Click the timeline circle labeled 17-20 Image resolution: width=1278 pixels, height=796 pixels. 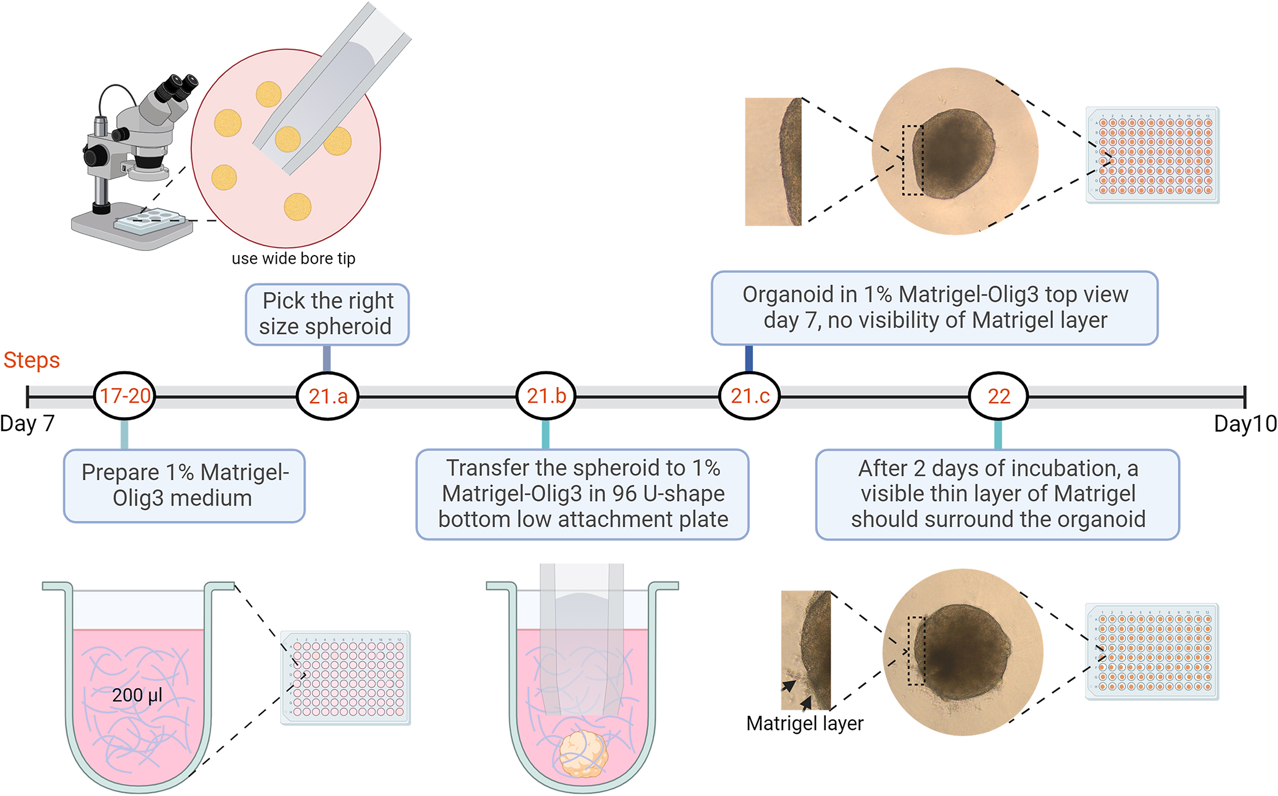coord(124,396)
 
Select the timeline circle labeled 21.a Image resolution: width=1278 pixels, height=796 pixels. coord(328,396)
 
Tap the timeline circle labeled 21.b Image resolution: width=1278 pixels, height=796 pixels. coord(546,396)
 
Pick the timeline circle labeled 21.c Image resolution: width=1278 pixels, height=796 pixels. coord(750,396)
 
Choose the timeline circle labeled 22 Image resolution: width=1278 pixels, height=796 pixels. coord(998,396)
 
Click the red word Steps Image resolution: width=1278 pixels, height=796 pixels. coord(31,360)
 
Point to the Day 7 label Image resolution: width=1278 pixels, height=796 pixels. coord(27,423)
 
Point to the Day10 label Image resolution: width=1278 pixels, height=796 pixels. coord(1245,423)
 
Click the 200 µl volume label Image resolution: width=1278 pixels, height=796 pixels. coord(137,695)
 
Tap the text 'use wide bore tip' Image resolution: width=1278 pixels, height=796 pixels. coord(293,259)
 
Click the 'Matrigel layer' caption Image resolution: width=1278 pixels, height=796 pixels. coord(805,723)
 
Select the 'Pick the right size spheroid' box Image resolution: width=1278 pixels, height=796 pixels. coord(327,314)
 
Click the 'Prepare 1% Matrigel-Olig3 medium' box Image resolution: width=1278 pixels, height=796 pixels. coord(184,485)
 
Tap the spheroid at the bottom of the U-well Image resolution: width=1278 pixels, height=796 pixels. coord(583,753)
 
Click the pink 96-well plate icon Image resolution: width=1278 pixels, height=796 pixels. coord(346,677)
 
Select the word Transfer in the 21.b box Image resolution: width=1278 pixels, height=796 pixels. coord(487,468)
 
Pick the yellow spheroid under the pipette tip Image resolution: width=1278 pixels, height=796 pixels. coord(288,139)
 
